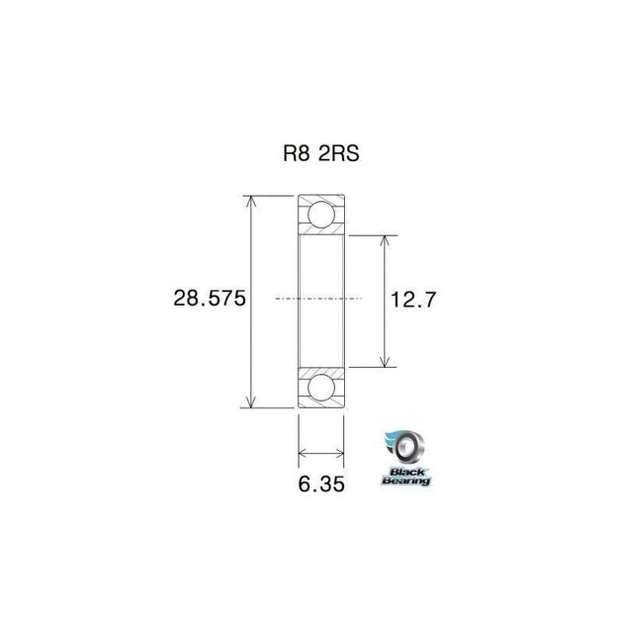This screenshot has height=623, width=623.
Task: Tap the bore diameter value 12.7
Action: [411, 299]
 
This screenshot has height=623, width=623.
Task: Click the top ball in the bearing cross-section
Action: [320, 215]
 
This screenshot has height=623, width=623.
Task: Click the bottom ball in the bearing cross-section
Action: [320, 388]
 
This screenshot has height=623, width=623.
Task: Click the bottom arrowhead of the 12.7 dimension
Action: [384, 362]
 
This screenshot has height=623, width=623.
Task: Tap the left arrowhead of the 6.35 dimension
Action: [303, 455]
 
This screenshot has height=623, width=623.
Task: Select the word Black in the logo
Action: [404, 470]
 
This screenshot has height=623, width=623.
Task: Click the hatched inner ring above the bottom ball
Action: [320, 370]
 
